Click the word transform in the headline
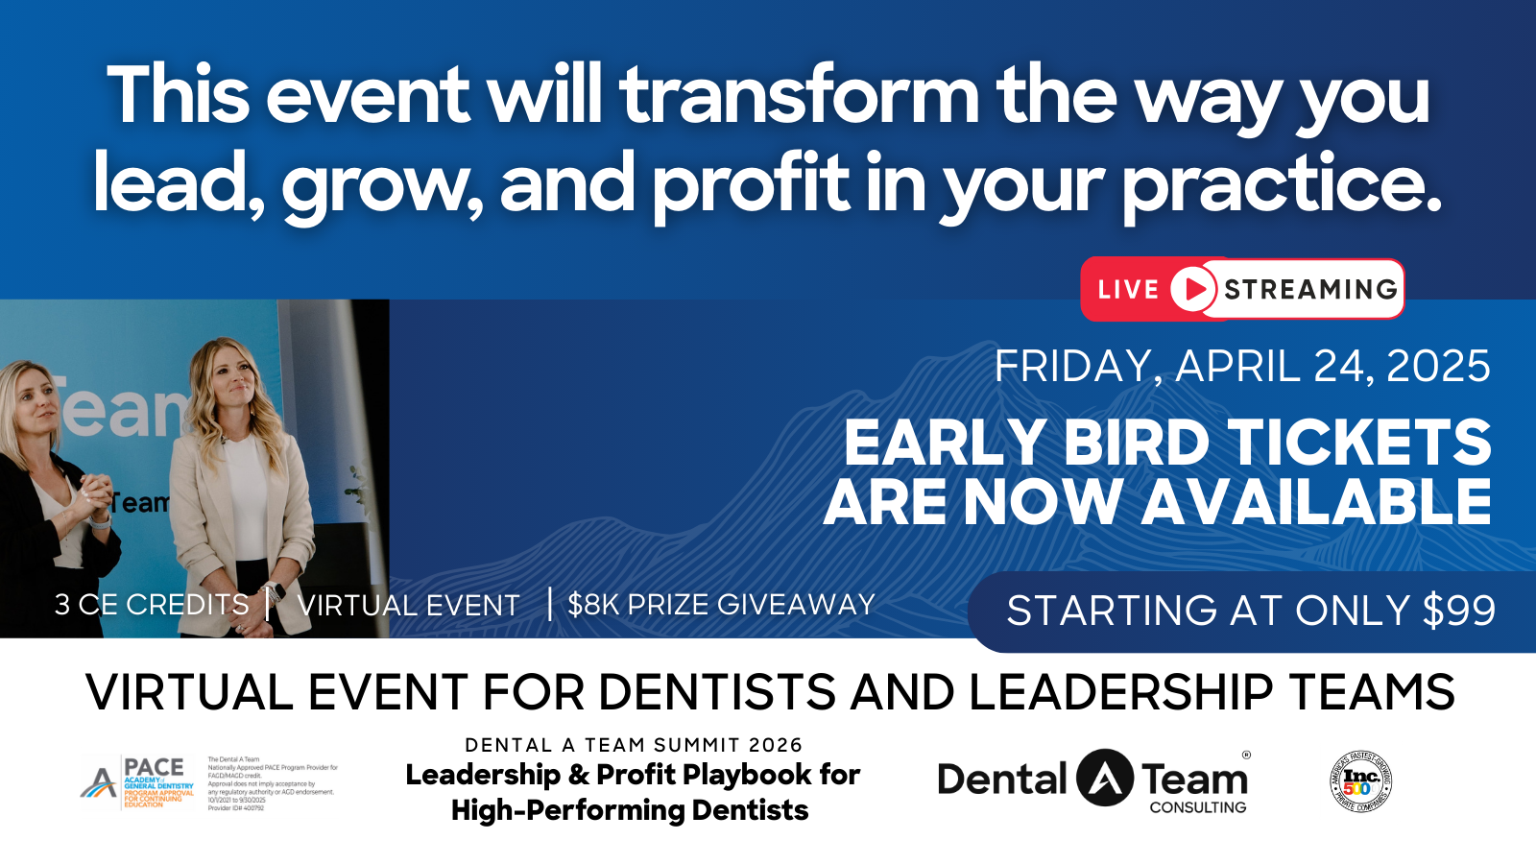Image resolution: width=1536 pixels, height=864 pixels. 799,96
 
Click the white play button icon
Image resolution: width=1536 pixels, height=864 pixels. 1193,289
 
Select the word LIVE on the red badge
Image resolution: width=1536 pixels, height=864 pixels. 1128,290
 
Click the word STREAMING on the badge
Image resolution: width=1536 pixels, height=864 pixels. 1310,290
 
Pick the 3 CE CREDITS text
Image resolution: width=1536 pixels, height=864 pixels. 152,605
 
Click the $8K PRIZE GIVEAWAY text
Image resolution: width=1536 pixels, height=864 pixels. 721,605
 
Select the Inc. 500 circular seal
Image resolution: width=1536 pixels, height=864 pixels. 1360,781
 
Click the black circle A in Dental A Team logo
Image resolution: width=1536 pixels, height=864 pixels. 1104,778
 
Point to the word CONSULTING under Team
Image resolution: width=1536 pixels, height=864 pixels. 1197,807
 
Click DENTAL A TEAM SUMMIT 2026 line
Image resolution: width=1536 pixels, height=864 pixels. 633,745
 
